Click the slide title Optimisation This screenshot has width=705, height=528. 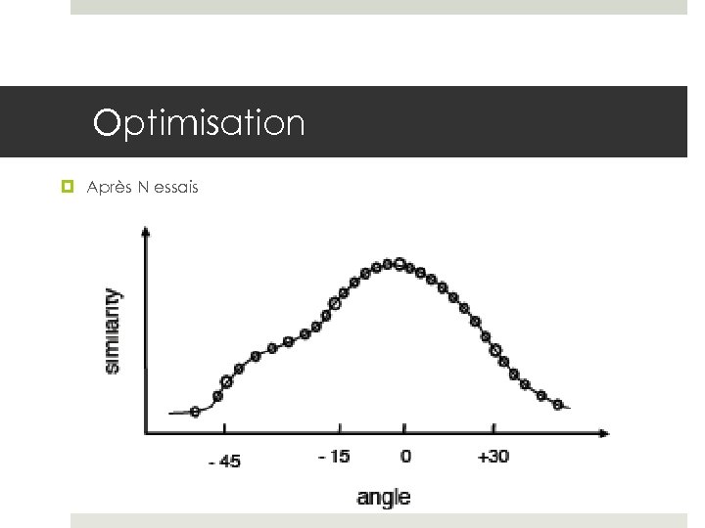pos(199,123)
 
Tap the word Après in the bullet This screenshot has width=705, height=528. pos(106,186)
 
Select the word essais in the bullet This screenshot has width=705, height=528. pos(175,186)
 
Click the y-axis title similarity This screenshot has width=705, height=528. pos(115,330)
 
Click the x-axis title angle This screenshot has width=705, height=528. pos(384,497)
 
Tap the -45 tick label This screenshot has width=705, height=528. pos(223,461)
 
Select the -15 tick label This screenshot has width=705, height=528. pos(334,456)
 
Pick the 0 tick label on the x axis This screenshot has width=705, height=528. pos(405,456)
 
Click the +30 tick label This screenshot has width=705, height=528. pos(493,456)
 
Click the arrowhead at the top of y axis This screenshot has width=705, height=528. pos(146,232)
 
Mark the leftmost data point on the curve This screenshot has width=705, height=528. pos(195,412)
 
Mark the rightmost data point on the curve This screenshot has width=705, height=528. pos(558,404)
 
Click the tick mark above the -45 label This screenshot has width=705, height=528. pos(224,428)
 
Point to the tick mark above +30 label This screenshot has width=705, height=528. pos(493,428)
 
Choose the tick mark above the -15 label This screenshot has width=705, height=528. pos(340,428)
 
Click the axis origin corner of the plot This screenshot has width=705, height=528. pos(146,433)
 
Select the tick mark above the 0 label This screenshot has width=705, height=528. pos(405,428)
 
